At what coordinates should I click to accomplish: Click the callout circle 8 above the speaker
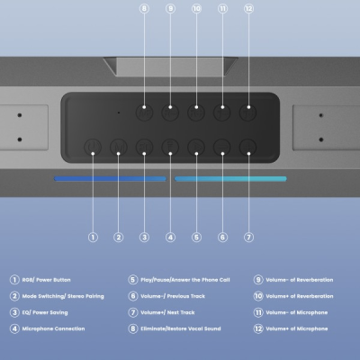pos(144,8)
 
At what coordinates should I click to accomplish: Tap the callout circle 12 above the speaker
pos(248,8)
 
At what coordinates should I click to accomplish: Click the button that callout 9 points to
pos(170,113)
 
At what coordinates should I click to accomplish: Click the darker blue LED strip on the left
pos(109,179)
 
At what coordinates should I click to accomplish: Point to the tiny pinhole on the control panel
pos(117,112)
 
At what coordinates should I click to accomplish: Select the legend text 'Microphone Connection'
pos(53,328)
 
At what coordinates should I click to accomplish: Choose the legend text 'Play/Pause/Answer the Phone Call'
pos(184,280)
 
